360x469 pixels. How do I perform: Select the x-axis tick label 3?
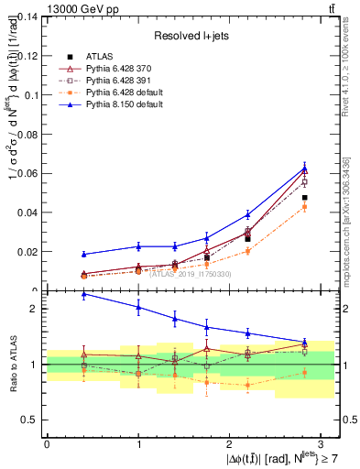tap(321, 443)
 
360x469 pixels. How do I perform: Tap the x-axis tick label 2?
tap(229, 443)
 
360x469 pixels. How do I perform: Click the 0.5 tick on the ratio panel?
tap(32, 420)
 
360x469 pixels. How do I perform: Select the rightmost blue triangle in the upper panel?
tap(304, 167)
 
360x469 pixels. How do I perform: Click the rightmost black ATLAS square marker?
tap(304, 198)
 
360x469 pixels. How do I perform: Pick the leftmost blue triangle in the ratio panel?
tap(84, 295)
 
